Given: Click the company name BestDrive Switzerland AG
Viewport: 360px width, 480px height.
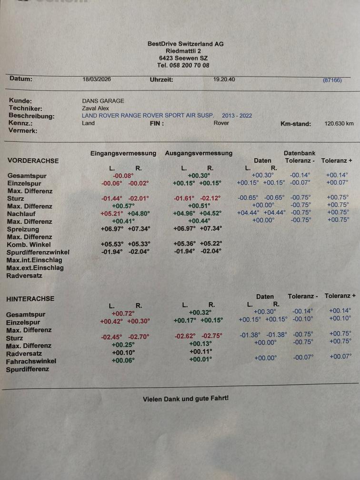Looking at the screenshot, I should [185, 44].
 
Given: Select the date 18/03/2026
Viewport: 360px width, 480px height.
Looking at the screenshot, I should [97, 80].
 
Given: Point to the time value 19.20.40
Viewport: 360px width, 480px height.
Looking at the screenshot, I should [224, 80].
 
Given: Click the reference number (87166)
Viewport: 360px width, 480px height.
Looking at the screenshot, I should [332, 80].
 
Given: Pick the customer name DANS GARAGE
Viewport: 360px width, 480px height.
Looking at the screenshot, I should [103, 101].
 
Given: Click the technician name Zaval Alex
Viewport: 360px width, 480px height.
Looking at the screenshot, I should [95, 108].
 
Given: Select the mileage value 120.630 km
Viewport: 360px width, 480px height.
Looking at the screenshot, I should [339, 123].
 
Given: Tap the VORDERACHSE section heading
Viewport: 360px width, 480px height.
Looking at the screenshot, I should [33, 161].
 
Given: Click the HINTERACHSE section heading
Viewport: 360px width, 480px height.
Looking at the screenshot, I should [30, 299].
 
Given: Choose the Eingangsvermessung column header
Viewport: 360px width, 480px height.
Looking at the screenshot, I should [123, 153].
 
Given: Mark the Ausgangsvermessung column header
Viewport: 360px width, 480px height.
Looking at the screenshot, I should [199, 153].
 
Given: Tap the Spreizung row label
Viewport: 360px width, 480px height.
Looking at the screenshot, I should [23, 230].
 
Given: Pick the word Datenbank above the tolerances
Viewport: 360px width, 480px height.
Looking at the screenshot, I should [299, 153].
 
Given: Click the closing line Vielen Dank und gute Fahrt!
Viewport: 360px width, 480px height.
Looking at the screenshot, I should [186, 399].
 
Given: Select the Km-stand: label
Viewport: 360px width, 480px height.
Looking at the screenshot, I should [296, 124].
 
